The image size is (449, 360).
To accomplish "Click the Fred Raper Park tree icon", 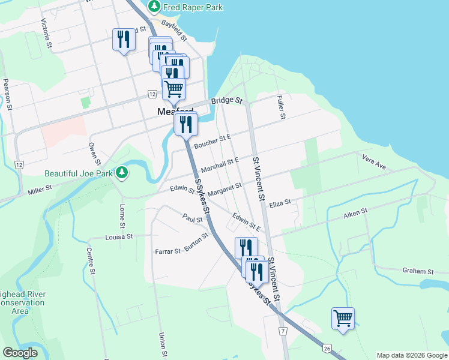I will coord(155,7).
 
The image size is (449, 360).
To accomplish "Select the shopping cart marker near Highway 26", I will coord(343,318).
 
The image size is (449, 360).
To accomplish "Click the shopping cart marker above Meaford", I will coord(173,89).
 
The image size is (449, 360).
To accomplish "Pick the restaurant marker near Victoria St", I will coord(124,40).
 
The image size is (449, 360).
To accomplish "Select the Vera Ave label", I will coord(373,160).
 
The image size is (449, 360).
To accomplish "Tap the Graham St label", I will coord(418,271).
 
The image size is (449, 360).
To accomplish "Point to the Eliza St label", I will coord(280,203).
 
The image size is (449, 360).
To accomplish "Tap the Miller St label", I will coord(40,191).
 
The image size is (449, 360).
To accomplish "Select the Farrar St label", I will coord(167,251).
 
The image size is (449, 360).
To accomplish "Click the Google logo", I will coord(20,353).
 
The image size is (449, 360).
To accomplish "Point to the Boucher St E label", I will coord(212,140).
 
